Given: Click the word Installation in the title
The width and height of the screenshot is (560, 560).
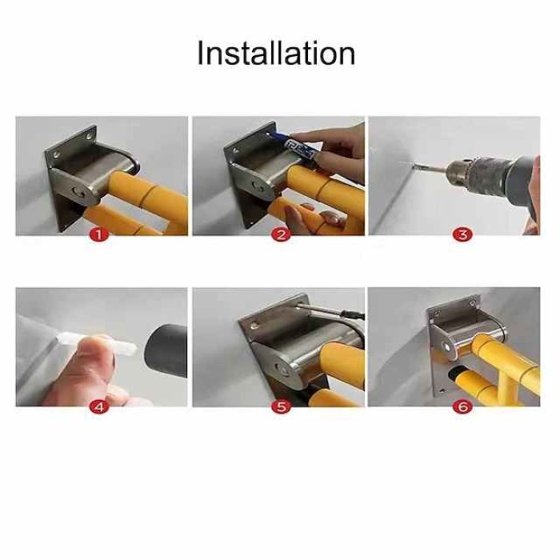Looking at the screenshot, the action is [276, 54].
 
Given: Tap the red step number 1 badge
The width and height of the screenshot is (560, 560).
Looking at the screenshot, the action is [100, 235].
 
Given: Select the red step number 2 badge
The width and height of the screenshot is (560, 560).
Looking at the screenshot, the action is [281, 235].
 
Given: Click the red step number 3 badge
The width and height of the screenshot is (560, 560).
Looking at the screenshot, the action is [462, 235].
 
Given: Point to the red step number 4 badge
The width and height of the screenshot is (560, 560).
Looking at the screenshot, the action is [100, 407].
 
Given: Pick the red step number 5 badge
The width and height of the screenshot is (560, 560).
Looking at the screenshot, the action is [281, 407].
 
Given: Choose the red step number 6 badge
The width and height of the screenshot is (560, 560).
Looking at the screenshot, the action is [462, 407].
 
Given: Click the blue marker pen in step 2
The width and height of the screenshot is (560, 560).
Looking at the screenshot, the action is [294, 145].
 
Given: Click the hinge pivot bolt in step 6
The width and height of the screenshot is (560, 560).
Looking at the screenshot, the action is [446, 346].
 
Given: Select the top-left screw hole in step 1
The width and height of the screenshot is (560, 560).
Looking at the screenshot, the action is [57, 154].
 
